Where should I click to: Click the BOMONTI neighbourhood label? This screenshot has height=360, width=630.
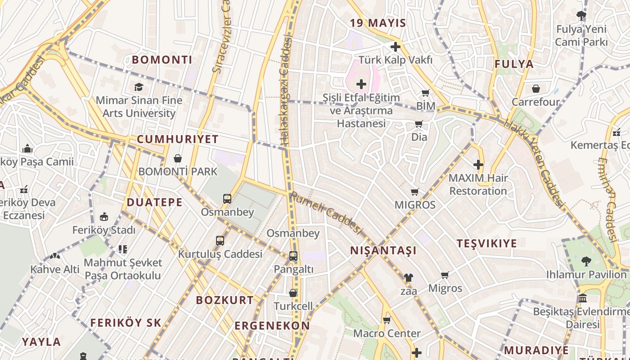click(162, 59)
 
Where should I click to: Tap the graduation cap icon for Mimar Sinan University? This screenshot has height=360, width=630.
click(139, 87)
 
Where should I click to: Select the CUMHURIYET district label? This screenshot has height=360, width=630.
click(177, 139)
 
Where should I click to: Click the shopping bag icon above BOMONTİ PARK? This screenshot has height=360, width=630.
click(178, 158)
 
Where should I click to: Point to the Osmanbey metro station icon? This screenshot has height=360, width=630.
click(227, 198)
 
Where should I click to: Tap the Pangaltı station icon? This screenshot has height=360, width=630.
click(293, 256)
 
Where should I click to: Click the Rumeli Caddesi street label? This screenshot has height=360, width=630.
click(326, 213)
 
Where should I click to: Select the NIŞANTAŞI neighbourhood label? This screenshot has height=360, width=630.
click(383, 250)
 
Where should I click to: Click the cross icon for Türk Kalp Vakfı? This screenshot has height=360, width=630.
click(396, 46)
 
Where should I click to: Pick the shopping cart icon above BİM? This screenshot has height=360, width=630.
click(425, 93)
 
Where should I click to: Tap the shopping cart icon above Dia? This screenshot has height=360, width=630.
click(418, 124)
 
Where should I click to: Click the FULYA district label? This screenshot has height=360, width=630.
click(514, 64)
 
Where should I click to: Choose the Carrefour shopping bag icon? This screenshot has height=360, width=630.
click(535, 89)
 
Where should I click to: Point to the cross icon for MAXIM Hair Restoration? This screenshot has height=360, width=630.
click(478, 165)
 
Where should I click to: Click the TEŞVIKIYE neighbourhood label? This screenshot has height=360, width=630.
click(487, 243)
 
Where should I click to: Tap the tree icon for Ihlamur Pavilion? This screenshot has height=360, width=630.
click(586, 261)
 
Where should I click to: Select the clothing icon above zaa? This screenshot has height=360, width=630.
click(408, 278)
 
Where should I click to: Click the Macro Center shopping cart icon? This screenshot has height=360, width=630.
click(387, 320)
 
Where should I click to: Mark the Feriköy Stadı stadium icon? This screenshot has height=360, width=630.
click(104, 217)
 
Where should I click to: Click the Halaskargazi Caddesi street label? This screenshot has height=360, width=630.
click(286, 90)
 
